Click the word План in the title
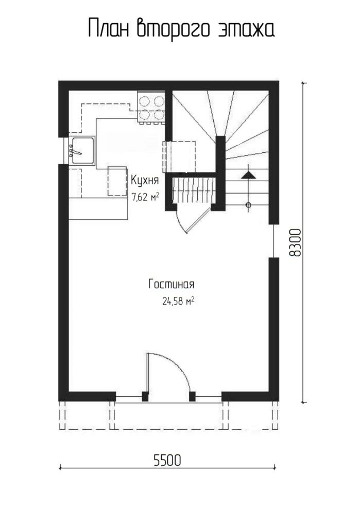(109, 28)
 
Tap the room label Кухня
(145, 181)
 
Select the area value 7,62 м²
(145, 197)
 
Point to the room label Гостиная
(172, 284)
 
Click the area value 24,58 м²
(178, 301)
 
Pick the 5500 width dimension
(167, 461)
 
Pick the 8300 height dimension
(295, 243)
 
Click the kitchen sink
(82, 151)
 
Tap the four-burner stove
(151, 108)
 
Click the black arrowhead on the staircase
(248, 175)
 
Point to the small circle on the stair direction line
(248, 205)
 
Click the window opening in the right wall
(274, 241)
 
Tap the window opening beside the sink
(65, 151)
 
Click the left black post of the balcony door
(145, 397)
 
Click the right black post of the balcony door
(192, 397)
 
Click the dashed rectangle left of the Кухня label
(117, 181)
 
